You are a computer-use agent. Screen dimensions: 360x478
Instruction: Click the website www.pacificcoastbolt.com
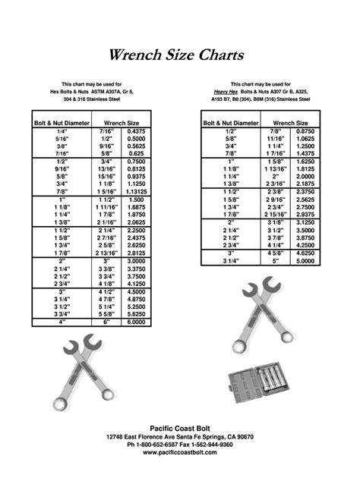pos(180,452)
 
